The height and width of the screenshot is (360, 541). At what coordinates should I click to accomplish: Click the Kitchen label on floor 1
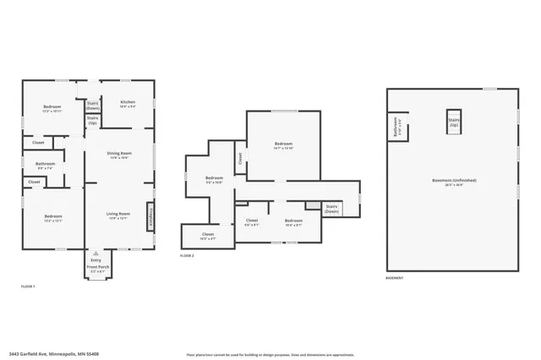[x=128, y=104]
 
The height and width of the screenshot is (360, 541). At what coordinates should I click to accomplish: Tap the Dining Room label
[x=117, y=155]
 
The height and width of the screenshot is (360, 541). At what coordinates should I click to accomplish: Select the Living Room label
[x=117, y=216]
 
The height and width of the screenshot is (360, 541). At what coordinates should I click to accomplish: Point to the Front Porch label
[x=98, y=268]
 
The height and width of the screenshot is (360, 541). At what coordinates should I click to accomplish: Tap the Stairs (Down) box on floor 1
[x=93, y=106]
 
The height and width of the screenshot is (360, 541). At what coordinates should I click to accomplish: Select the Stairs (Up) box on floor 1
[x=93, y=121]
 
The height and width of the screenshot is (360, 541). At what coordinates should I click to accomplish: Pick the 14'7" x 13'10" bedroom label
[x=283, y=145]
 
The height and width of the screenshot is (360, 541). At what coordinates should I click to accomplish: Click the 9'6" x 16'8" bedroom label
[x=215, y=179]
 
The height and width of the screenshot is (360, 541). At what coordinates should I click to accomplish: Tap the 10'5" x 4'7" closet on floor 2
[x=208, y=236]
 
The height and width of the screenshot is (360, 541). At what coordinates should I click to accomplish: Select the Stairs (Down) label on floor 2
[x=332, y=209]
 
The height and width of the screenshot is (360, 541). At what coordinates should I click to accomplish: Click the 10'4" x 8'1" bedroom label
[x=294, y=223]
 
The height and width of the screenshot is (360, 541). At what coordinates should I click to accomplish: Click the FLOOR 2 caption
[x=187, y=254]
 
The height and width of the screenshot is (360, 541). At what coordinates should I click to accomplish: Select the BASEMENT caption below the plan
[x=395, y=277]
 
